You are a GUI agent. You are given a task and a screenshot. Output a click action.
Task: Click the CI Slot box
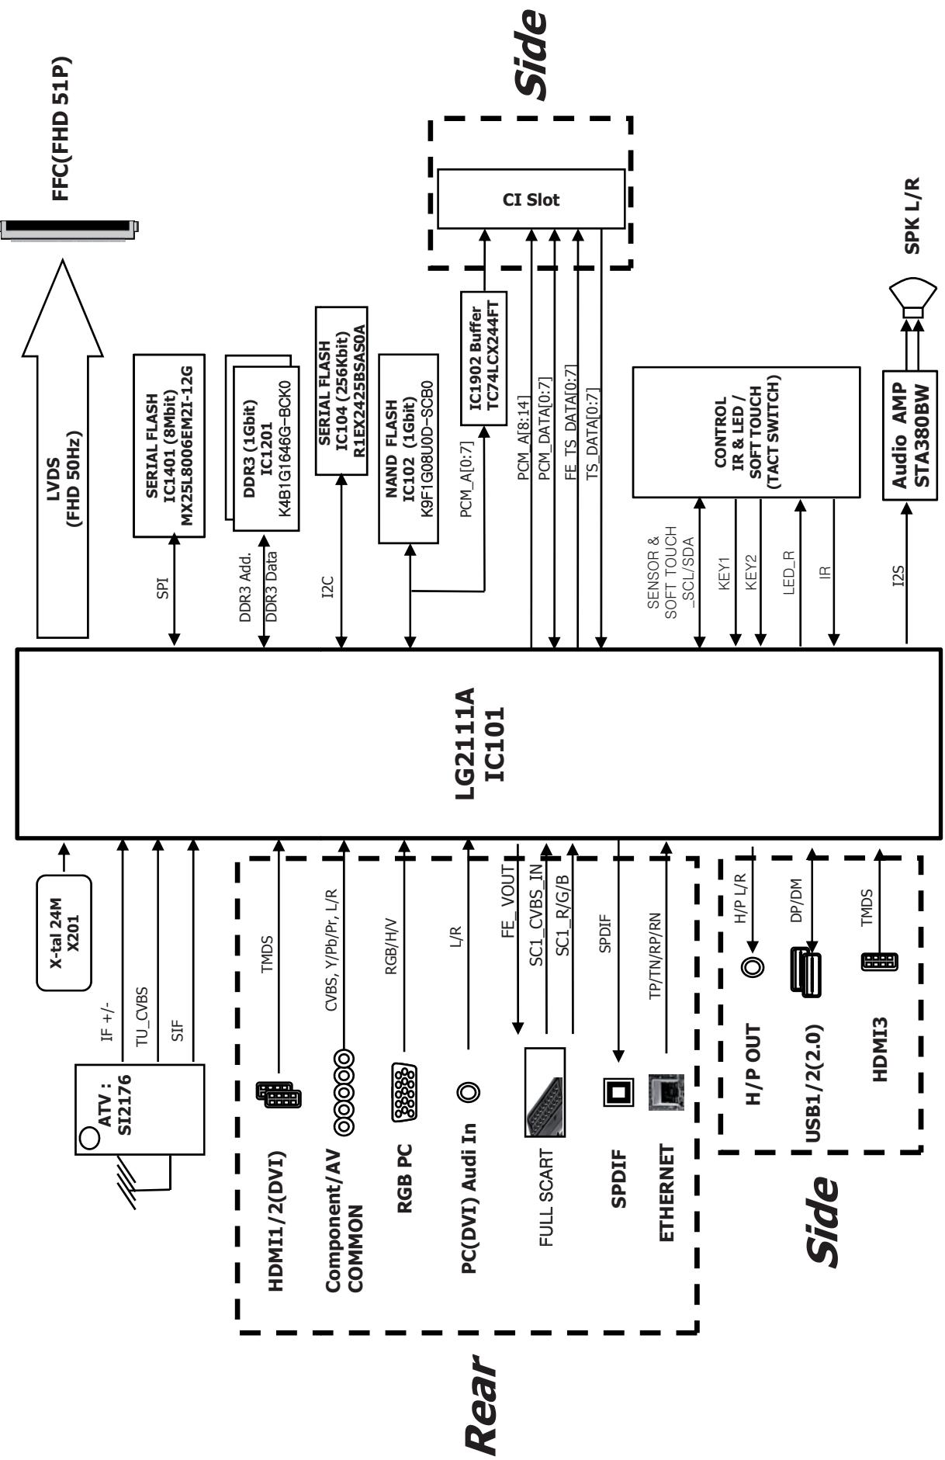pos(531,199)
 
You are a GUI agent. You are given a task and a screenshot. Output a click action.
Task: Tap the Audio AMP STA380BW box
pos(910,435)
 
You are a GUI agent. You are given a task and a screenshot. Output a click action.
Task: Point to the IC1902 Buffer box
pos(483,358)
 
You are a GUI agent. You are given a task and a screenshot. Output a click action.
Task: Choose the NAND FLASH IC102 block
pos(408,448)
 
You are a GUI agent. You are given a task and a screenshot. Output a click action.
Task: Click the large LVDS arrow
pos(63,449)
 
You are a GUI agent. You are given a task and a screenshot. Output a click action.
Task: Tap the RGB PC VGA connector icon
pos(404,1091)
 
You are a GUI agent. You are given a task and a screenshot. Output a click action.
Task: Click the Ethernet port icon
pos(666,1091)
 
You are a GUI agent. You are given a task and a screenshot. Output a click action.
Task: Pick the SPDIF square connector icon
pos(618,1091)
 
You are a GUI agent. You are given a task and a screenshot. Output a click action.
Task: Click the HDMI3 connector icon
pos(879,961)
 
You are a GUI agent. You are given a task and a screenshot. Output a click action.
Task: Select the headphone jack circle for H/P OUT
pos(752,967)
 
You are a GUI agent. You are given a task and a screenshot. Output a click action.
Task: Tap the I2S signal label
pos(898,575)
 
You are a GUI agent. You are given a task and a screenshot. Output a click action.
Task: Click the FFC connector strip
pos(70,230)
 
